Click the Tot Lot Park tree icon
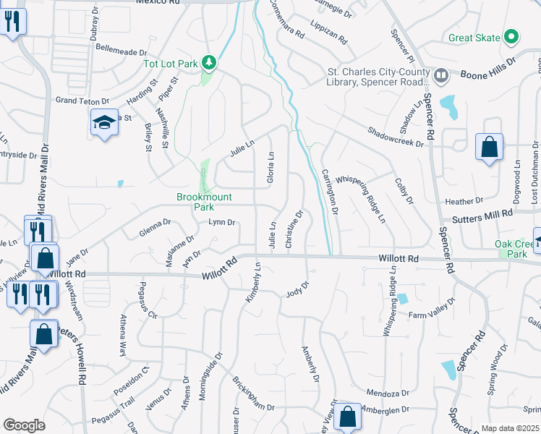tap(209, 64)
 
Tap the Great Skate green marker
tap(511, 37)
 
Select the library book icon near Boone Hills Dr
tap(440, 74)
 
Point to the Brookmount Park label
tap(196, 201)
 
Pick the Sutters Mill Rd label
tap(483, 215)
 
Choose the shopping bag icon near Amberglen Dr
tap(347, 417)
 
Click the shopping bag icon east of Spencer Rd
tap(489, 148)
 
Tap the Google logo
tap(24, 425)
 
